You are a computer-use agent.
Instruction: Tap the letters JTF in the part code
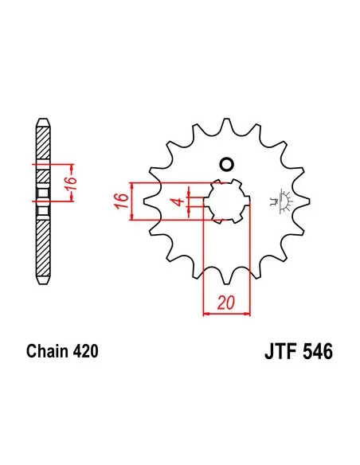[279, 351]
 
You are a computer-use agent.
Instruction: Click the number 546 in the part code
[316, 351]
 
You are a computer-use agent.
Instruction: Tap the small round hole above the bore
[225, 165]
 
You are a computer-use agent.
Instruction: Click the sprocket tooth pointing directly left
[155, 201]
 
